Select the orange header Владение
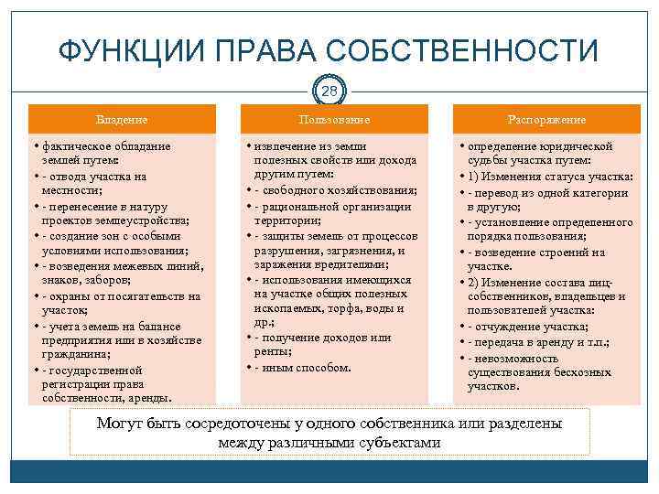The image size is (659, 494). pos(122,120)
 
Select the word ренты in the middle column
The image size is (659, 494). pos(275,352)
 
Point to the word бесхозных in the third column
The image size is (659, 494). pos(579,372)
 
